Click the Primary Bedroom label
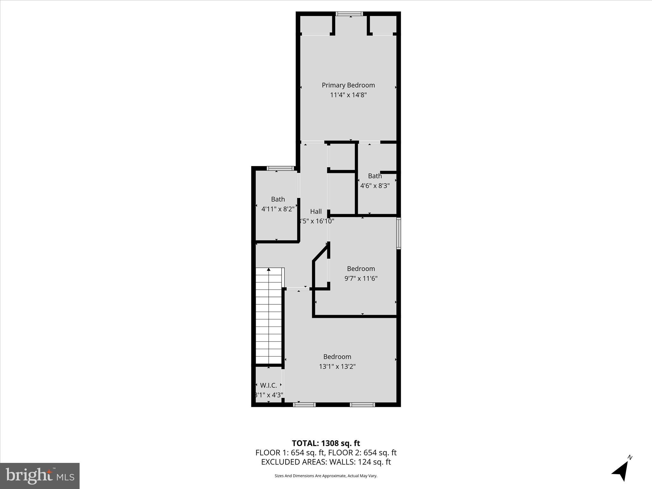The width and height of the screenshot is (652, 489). [x=348, y=85]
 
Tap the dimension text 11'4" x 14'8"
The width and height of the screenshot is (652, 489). [x=348, y=95]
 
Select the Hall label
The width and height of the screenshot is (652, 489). [x=316, y=211]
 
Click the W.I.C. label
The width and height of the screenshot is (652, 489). [x=268, y=386]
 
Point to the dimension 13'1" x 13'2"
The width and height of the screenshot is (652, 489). [x=337, y=366]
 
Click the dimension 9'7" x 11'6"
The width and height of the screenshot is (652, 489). [x=361, y=279]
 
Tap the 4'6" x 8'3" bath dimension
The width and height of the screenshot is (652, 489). [x=375, y=186]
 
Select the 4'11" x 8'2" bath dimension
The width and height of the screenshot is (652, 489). [x=278, y=209]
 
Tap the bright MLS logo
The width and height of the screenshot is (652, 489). [x=40, y=476]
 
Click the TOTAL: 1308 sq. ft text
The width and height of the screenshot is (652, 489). [x=326, y=443]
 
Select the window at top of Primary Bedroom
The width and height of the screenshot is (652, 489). [x=349, y=14]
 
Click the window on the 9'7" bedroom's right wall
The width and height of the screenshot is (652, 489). [x=398, y=233]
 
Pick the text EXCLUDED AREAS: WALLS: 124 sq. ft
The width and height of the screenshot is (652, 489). [x=326, y=462]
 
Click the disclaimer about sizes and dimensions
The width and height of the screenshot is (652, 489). [x=326, y=476]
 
